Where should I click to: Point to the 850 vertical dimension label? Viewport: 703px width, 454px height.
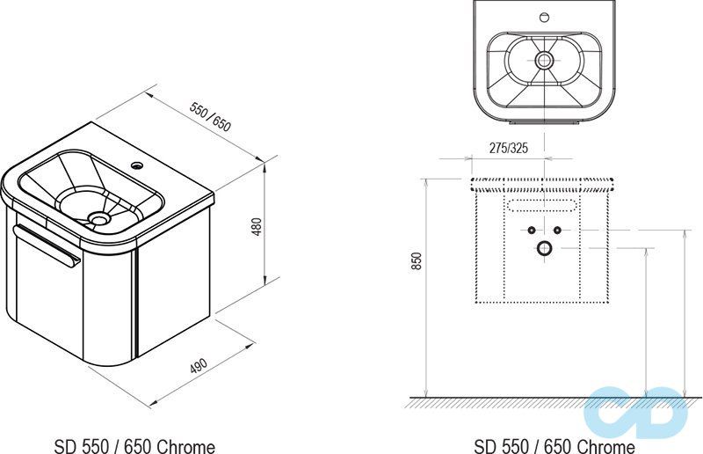click(x=417, y=262)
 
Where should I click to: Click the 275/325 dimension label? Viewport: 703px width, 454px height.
click(x=509, y=149)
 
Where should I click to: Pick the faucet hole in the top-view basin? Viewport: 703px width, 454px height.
click(x=543, y=17)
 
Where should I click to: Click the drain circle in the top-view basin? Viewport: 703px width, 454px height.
click(x=544, y=61)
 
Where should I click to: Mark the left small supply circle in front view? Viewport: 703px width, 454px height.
click(x=532, y=231)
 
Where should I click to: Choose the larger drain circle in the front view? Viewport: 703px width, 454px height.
click(x=543, y=248)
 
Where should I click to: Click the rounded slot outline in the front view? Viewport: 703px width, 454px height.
click(x=542, y=206)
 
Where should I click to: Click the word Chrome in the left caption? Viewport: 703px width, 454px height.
click(x=186, y=446)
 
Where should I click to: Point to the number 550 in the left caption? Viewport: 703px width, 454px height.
click(x=94, y=446)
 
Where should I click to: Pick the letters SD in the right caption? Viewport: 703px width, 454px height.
click(x=484, y=446)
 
